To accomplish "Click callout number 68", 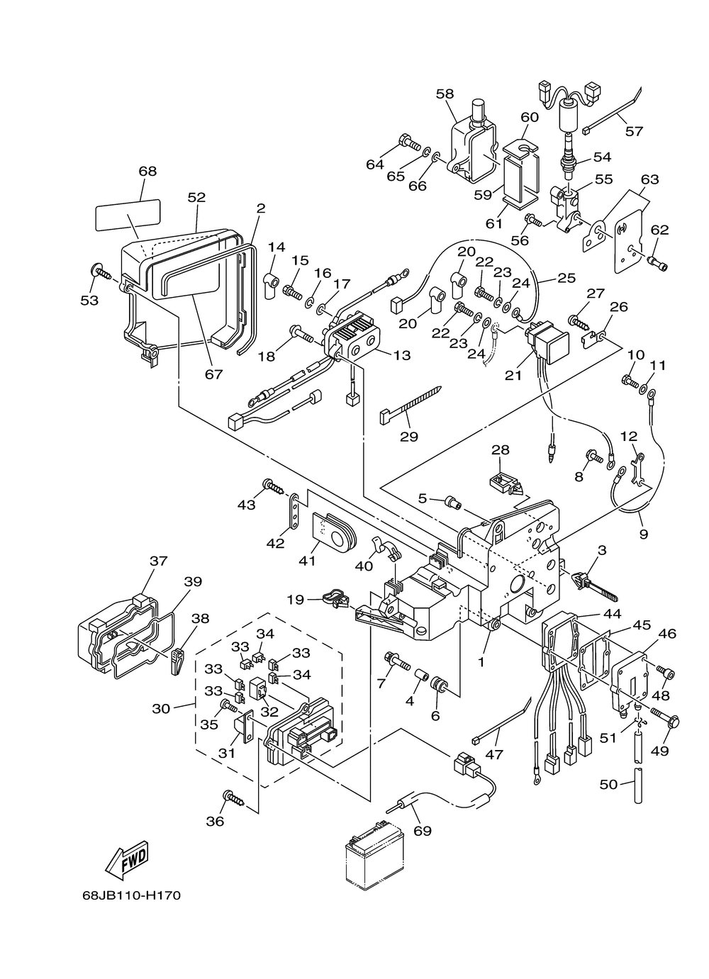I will [147, 171].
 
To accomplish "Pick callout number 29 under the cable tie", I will [409, 436].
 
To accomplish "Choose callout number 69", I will [423, 830].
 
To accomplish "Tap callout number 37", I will [158, 561].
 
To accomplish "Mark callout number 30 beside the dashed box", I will [162, 707].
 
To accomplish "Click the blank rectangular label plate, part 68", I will [128, 214].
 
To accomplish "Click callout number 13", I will [402, 355].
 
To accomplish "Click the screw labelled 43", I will [272, 486].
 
